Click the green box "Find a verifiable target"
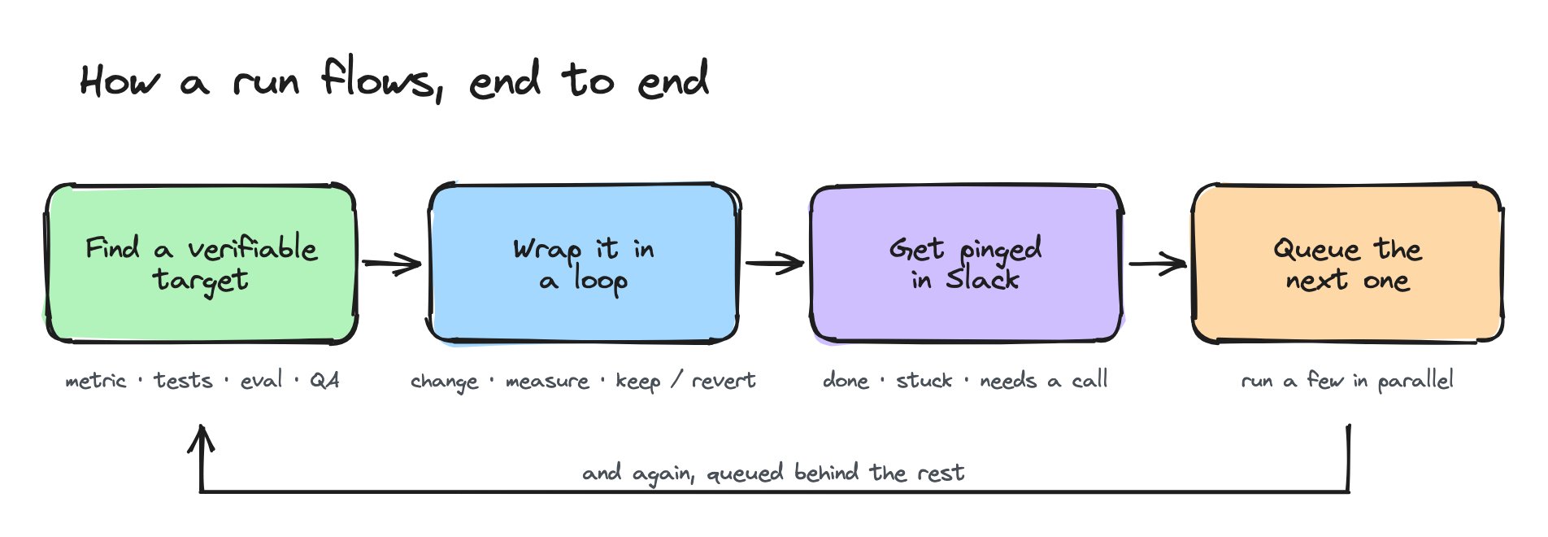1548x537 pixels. (201, 263)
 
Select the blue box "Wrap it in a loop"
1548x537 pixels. (584, 263)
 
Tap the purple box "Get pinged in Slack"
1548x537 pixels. (966, 263)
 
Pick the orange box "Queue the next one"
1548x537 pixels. (1347, 263)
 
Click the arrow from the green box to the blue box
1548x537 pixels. (392, 264)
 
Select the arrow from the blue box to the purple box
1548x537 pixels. (775, 264)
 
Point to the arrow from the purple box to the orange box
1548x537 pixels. (1158, 264)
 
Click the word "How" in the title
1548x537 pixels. (120, 81)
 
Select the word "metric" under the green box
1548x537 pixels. (96, 381)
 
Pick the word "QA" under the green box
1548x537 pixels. (324, 380)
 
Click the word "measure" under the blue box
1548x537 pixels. (547, 381)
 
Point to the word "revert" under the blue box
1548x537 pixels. (724, 381)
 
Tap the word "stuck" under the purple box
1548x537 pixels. (924, 380)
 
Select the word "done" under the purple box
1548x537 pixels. (846, 380)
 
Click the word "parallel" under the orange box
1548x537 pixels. (1415, 381)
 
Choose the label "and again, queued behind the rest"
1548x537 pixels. (773, 473)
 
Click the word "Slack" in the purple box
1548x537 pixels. (982, 280)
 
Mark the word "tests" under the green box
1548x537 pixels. (183, 380)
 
